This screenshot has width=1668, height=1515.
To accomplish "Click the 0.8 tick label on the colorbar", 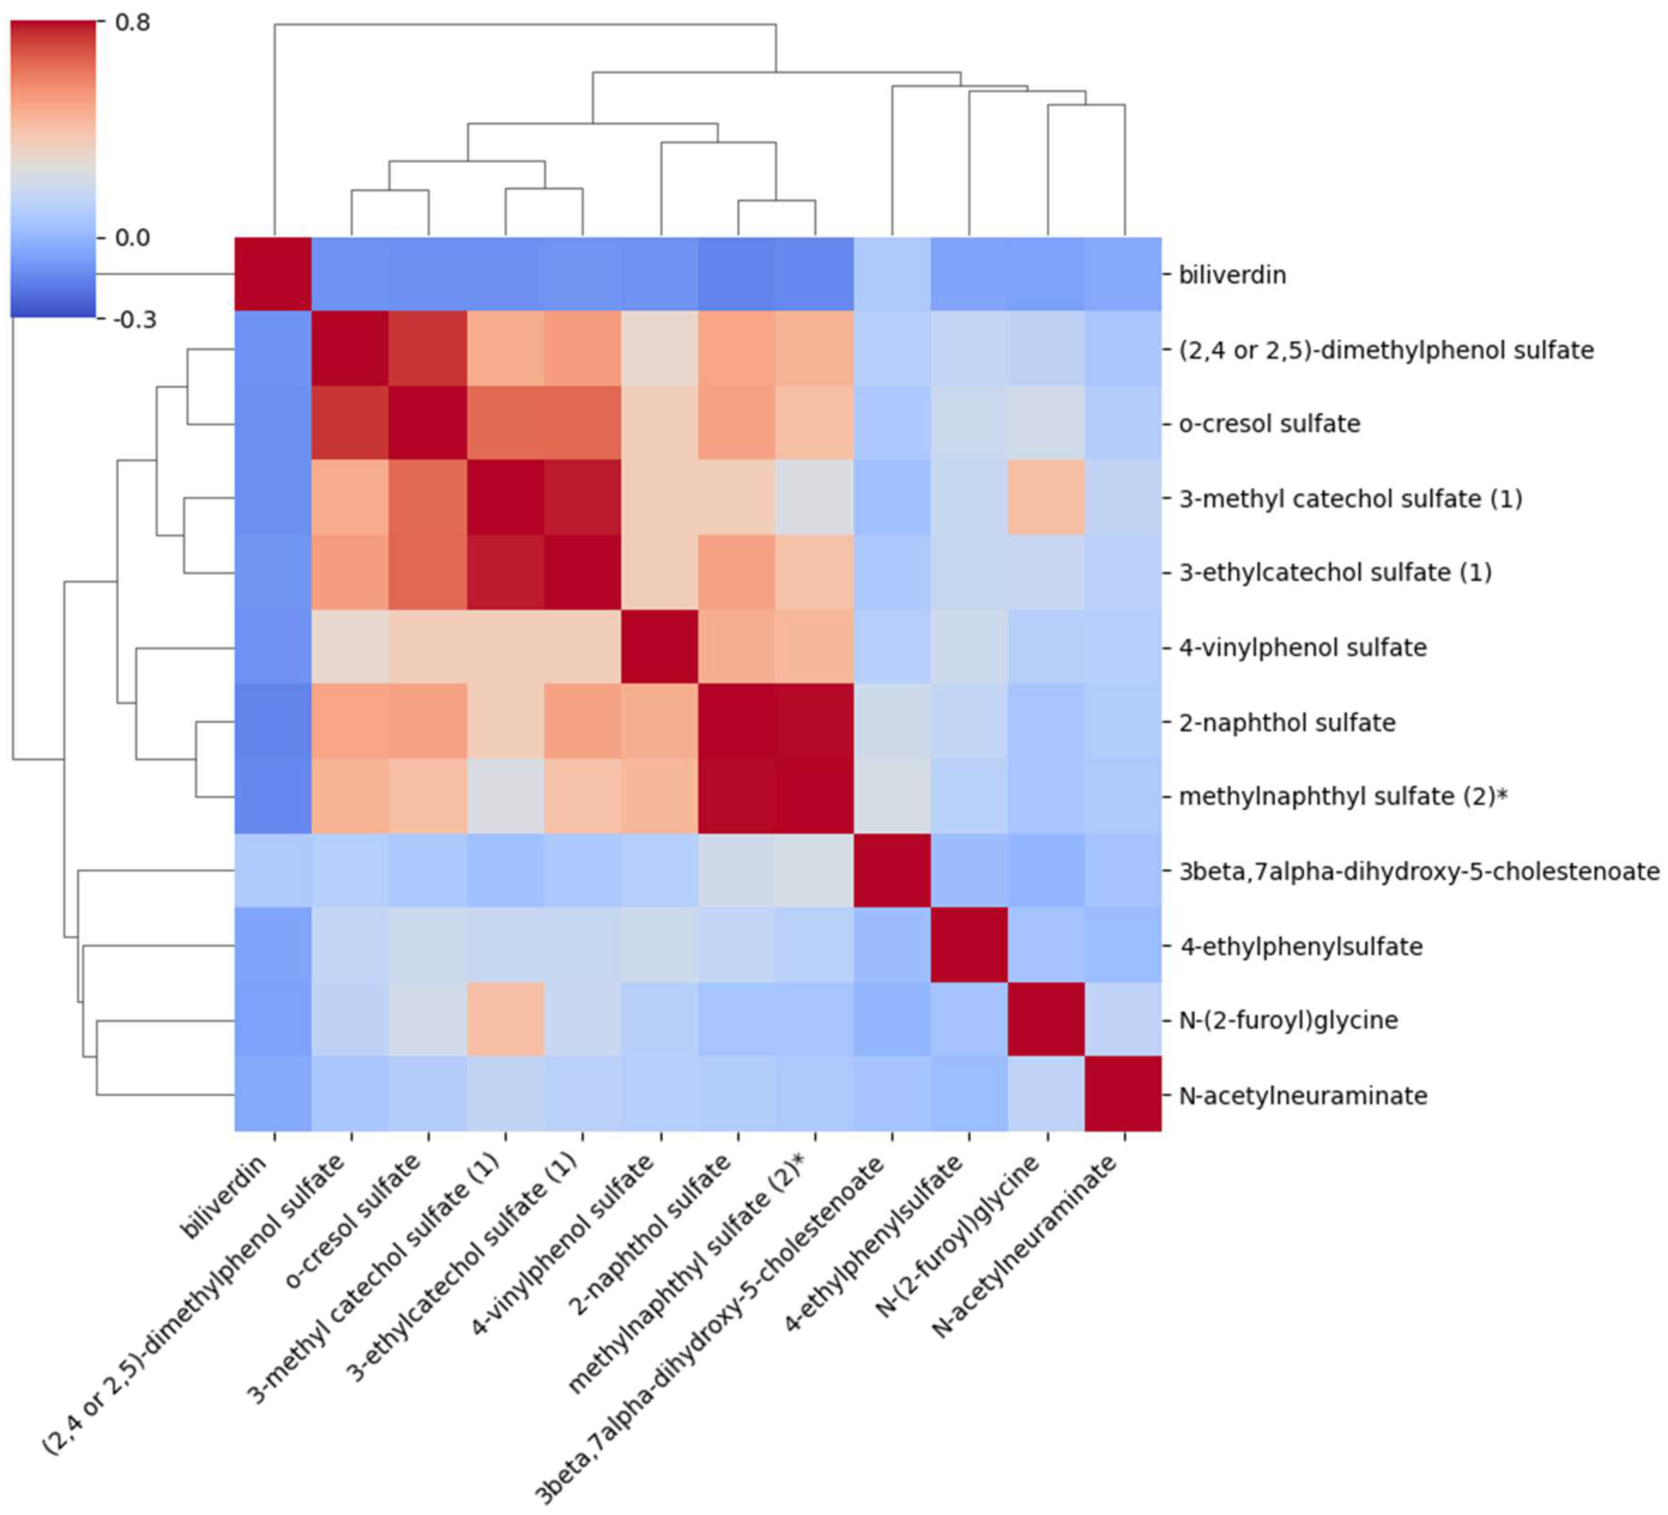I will (x=132, y=22).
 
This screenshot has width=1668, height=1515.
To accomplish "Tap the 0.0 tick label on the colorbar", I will (x=132, y=238).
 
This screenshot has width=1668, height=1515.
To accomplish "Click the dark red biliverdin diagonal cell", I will (x=273, y=275).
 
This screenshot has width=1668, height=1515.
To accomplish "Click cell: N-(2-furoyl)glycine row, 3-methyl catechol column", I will (x=506, y=1020).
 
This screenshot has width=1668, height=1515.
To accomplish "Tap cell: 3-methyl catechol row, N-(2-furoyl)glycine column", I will (x=1047, y=498).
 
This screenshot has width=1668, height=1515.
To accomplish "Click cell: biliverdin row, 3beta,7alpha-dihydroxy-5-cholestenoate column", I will (x=892, y=275).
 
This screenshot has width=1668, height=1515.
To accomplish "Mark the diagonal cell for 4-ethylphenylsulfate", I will (x=969, y=945).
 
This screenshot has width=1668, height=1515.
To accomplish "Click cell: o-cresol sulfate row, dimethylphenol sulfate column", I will (x=350, y=424).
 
